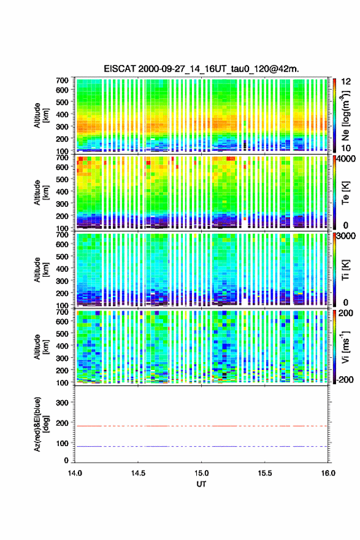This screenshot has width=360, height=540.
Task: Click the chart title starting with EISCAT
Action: click(201, 69)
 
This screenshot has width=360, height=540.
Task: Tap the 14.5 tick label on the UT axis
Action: click(138, 473)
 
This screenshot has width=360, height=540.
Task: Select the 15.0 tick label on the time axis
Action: click(201, 473)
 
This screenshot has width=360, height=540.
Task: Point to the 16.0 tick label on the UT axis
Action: click(328, 473)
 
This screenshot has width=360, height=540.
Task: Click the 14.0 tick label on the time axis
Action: click(75, 473)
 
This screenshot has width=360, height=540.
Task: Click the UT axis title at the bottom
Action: click(201, 484)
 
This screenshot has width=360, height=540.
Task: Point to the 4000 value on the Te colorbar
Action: click(347, 159)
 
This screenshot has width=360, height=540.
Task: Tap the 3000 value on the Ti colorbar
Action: click(347, 236)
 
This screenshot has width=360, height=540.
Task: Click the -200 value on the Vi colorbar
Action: click(345, 379)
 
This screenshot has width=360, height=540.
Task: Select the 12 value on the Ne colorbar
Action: click(346, 82)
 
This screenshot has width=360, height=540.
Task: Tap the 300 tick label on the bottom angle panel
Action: click(62, 403)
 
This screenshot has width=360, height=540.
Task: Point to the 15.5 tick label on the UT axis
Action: click(265, 473)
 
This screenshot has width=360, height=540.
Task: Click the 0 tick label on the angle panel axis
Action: click(66, 460)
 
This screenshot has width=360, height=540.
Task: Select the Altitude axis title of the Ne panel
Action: click(41, 115)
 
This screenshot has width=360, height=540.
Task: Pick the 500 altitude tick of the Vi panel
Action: click(62, 334)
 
